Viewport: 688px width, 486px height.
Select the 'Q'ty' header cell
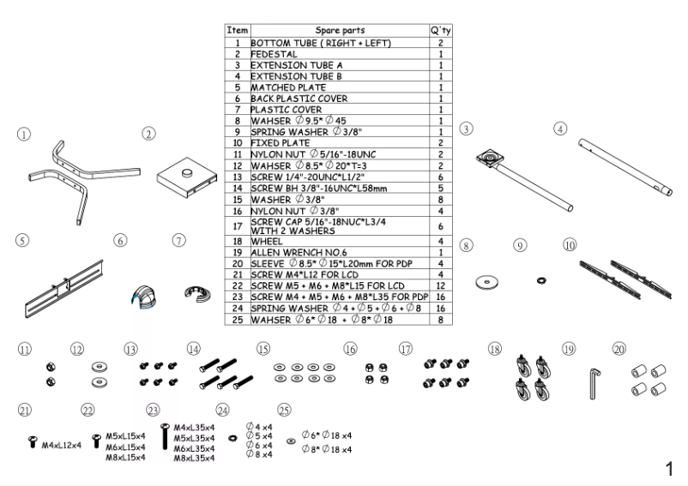pyautogui.click(x=440, y=29)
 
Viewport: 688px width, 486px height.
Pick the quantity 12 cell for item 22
pyautogui.click(x=440, y=285)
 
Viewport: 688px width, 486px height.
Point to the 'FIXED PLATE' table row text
pyautogui.click(x=281, y=143)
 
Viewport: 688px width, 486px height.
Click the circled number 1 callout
pyautogui.click(x=26, y=134)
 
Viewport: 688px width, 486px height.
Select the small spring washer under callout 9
pyautogui.click(x=541, y=280)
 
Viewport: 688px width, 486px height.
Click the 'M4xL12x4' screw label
pyautogui.click(x=61, y=446)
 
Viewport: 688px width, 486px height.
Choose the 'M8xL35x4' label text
pyautogui.click(x=194, y=459)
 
